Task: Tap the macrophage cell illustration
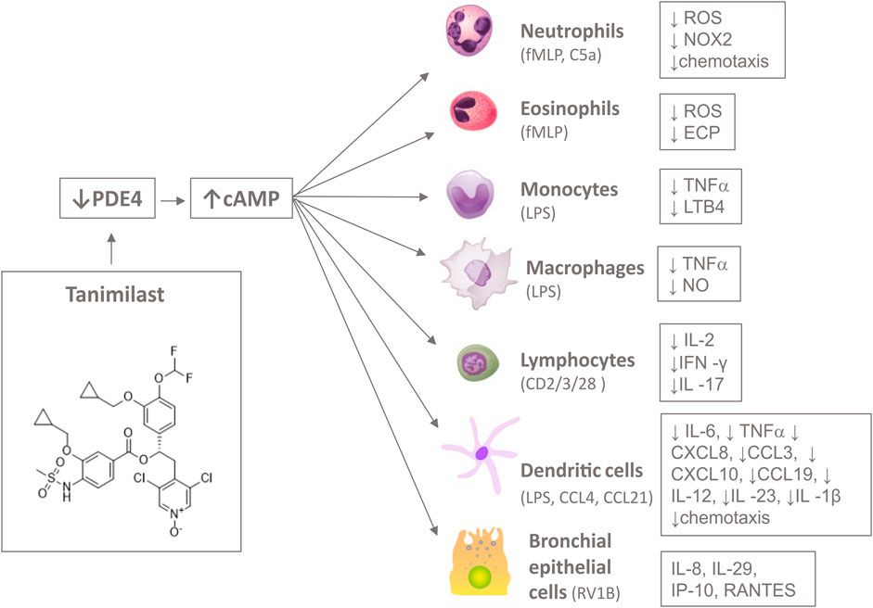click(x=479, y=273)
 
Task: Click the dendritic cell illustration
click(x=483, y=452)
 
